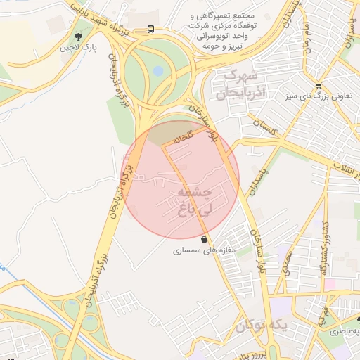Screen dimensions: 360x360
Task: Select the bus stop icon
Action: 151,29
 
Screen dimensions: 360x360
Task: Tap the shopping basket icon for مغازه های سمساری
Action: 205,239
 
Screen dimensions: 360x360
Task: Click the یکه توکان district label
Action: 261,326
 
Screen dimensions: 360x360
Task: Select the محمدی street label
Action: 288,260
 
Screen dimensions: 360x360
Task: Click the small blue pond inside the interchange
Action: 158,70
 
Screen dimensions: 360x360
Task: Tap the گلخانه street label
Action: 177,139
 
